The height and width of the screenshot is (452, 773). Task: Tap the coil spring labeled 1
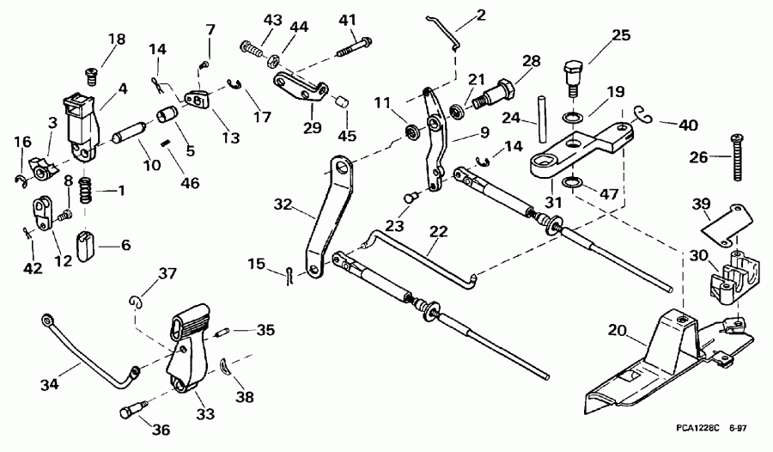click(85, 189)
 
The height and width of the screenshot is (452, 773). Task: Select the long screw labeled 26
click(737, 156)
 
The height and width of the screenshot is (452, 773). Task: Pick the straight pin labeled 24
click(543, 113)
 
